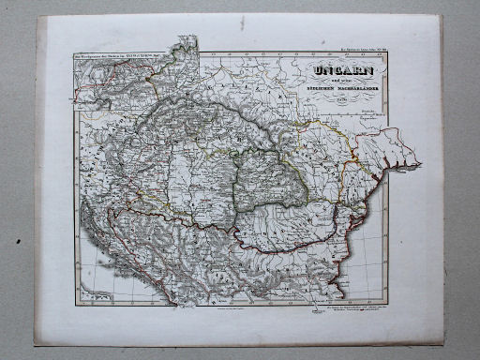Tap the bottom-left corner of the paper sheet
coord(37,339)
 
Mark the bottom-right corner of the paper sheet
coord(443,345)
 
